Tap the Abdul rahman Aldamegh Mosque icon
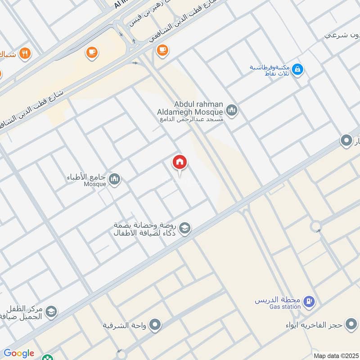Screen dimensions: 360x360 (x=232, y=110)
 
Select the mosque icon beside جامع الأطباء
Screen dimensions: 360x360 (x=115, y=179)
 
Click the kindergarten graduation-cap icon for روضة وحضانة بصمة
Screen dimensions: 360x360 (x=184, y=229)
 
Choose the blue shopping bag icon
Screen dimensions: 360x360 (x=297, y=70)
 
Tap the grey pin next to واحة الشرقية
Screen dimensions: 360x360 (x=155, y=324)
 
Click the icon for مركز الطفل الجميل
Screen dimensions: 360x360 (x=51, y=311)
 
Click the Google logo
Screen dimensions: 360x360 (x=18, y=354)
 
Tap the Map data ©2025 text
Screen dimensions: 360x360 (x=335, y=355)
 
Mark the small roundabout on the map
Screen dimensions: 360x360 (x=315, y=226)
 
